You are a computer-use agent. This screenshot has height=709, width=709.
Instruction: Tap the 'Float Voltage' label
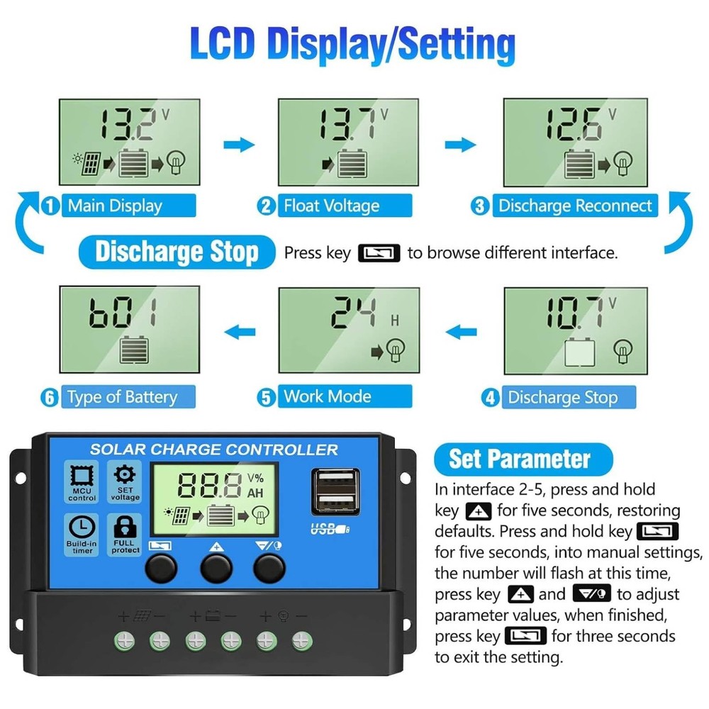(331, 206)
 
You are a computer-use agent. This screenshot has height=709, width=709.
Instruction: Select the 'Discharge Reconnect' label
(574, 206)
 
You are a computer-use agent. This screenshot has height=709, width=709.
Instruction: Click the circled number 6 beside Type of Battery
(50, 397)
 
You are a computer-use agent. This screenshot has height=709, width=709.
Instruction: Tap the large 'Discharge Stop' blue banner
(177, 252)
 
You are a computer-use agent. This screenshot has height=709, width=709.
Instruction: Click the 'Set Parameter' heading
(520, 459)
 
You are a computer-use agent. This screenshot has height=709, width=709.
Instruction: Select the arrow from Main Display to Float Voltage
(239, 145)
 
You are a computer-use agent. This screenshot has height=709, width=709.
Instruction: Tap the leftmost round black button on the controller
(161, 567)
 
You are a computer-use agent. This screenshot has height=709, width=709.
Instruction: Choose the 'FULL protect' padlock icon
(125, 528)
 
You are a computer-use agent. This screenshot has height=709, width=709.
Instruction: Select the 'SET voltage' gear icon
(125, 475)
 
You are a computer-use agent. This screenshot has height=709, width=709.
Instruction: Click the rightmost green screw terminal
(301, 642)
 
